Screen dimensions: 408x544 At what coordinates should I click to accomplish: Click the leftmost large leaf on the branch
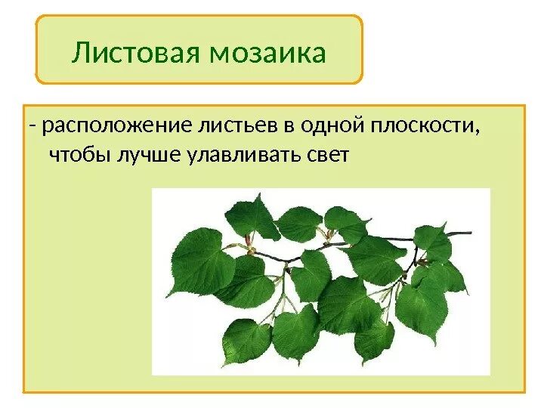[x=200, y=261]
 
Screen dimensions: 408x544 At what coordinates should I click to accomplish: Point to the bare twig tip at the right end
[x=469, y=233]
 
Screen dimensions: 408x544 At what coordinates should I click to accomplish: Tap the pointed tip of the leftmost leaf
[x=167, y=296]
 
